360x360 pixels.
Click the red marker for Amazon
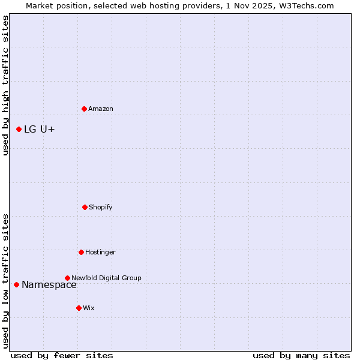[84, 109]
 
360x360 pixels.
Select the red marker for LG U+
[19, 129]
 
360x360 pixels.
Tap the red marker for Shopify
[85, 207]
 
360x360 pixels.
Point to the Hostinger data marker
[81, 252]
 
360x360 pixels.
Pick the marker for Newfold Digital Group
[67, 278]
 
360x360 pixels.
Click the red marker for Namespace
[16, 284]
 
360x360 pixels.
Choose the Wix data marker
[79, 308]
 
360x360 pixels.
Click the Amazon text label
[101, 109]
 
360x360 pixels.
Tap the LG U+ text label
[40, 130]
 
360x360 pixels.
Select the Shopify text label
[101, 208]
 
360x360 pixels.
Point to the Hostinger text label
[100, 253]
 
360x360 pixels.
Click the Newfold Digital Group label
[106, 278]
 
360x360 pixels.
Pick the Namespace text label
[49, 285]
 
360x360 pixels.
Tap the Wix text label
[89, 308]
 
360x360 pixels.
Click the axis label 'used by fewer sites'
[62, 355]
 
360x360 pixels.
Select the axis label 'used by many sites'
[301, 355]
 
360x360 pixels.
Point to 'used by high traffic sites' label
[5, 85]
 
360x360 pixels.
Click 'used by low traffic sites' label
[5, 280]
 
